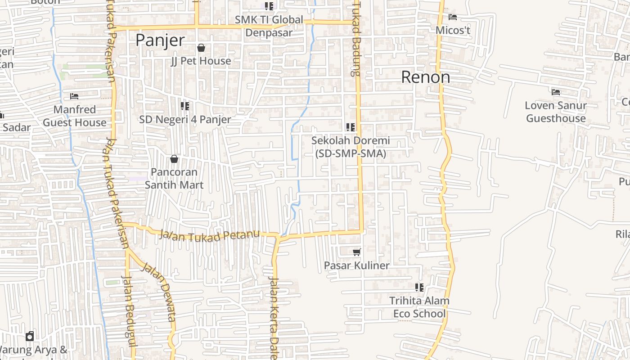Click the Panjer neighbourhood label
coord(160,40)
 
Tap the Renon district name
coord(425,77)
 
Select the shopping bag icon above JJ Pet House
coord(201,48)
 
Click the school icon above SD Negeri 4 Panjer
coord(184,106)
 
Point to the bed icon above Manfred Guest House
coord(74,96)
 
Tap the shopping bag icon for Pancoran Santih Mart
coord(174,159)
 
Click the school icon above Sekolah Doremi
coord(351,127)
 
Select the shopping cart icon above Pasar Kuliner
coord(357,252)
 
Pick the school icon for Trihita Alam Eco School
coord(419,287)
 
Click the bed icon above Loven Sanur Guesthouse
coord(556,92)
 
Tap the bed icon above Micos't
coord(453,17)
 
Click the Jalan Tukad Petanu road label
coord(210,235)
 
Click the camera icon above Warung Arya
coord(30,336)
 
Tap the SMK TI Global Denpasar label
coord(269,26)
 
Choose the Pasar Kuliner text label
coord(356,265)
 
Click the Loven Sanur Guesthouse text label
coord(556,112)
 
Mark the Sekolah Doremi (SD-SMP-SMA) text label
coord(351,147)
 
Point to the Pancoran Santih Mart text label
coord(174,179)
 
